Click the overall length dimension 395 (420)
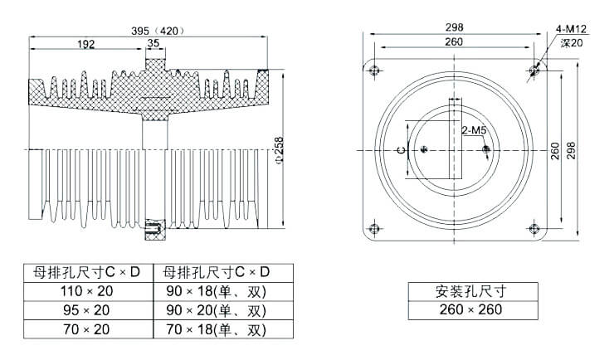158,31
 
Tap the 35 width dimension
153,43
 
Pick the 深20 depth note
572,42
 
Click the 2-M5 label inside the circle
473,130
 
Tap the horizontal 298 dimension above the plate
454,27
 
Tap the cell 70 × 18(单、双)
214,330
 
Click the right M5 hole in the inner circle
486,150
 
